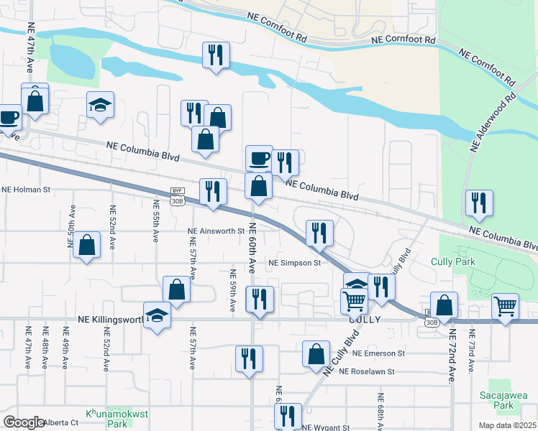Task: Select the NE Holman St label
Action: click(26, 190)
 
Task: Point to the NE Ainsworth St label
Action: click(216, 231)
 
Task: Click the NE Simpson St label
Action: click(294, 263)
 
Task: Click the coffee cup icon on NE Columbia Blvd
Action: click(259, 157)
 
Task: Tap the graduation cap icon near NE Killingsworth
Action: click(157, 315)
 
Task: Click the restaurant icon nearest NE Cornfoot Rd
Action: click(216, 54)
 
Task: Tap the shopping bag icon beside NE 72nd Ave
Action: click(444, 305)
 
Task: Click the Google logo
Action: click(24, 422)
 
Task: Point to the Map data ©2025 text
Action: click(508, 425)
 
